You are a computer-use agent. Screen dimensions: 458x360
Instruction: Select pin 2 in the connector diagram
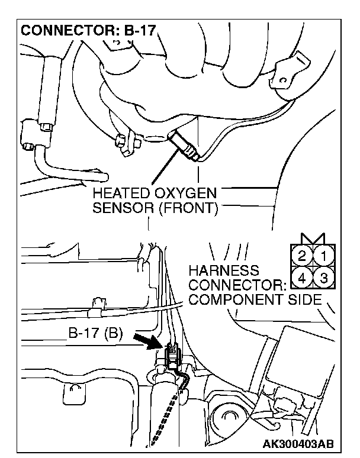[303, 256]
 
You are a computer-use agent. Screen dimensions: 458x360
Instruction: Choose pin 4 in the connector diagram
[303, 276]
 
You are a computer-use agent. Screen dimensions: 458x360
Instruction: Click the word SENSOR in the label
[116, 209]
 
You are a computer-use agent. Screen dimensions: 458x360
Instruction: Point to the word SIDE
[304, 299]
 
